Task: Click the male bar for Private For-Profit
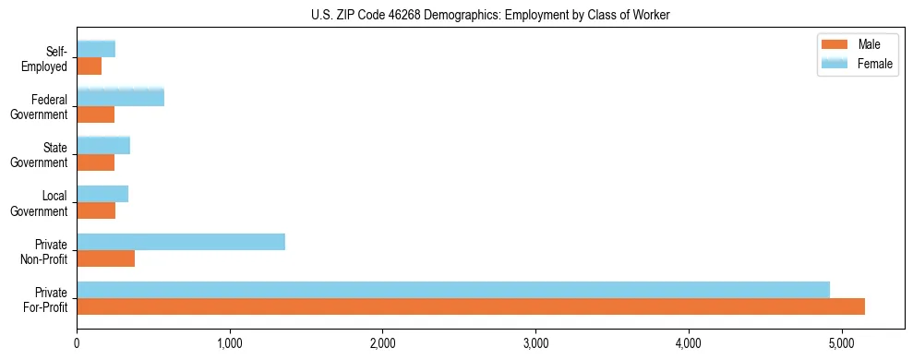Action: tap(471, 306)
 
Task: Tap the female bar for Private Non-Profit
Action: tap(181, 242)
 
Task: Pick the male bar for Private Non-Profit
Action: tap(106, 258)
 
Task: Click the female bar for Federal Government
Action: tap(121, 97)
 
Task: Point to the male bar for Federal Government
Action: tap(96, 114)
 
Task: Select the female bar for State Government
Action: tap(103, 145)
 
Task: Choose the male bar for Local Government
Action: tap(96, 210)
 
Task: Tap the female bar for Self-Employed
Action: tap(96, 49)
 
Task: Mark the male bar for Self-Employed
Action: tap(90, 66)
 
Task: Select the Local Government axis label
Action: tap(42, 203)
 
